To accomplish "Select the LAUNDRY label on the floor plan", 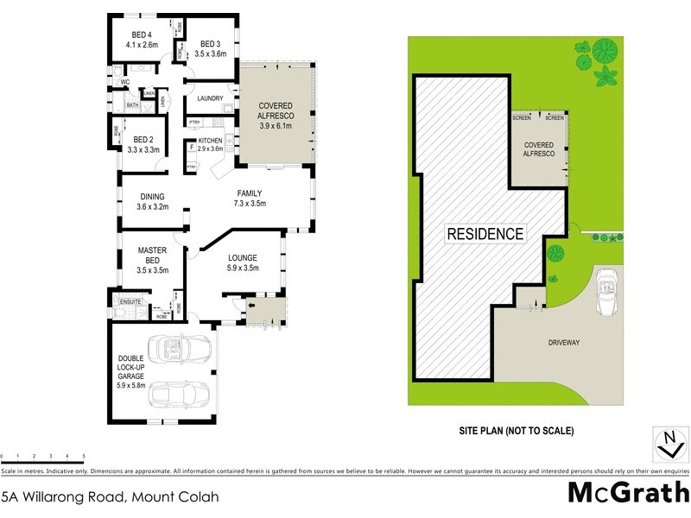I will point(210,98).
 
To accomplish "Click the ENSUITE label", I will point(130,301).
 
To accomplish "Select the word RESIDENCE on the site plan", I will point(485,233).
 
